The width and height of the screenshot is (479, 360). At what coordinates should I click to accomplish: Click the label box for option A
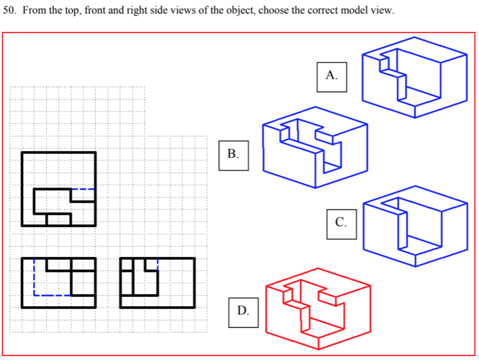331,76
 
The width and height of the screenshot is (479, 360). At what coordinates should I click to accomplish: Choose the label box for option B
233,154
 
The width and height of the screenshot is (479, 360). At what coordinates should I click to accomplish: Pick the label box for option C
341,222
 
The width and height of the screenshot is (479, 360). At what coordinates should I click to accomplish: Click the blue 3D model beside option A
413,77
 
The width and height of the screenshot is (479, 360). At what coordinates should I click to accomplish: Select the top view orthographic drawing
59,188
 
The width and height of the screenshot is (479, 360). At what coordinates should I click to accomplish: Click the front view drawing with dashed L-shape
59,282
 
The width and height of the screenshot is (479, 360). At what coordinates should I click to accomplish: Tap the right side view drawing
158,282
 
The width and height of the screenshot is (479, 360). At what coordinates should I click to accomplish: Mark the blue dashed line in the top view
83,189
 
